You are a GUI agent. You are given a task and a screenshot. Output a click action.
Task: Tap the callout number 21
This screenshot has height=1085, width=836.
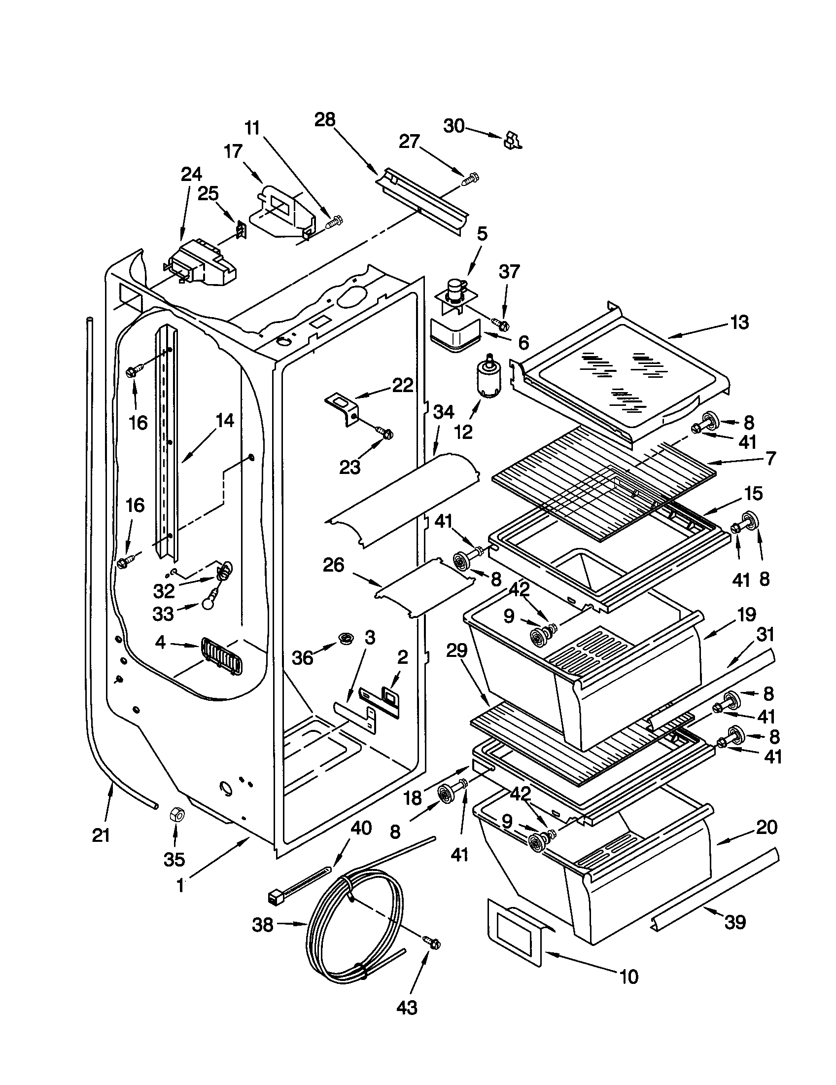pyautogui.click(x=101, y=835)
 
